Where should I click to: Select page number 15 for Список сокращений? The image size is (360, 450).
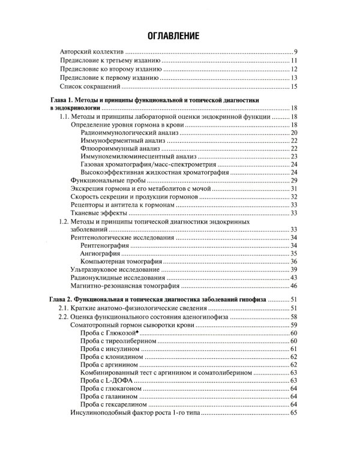tap(294, 87)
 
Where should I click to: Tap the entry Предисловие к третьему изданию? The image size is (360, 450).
tap(112, 62)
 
